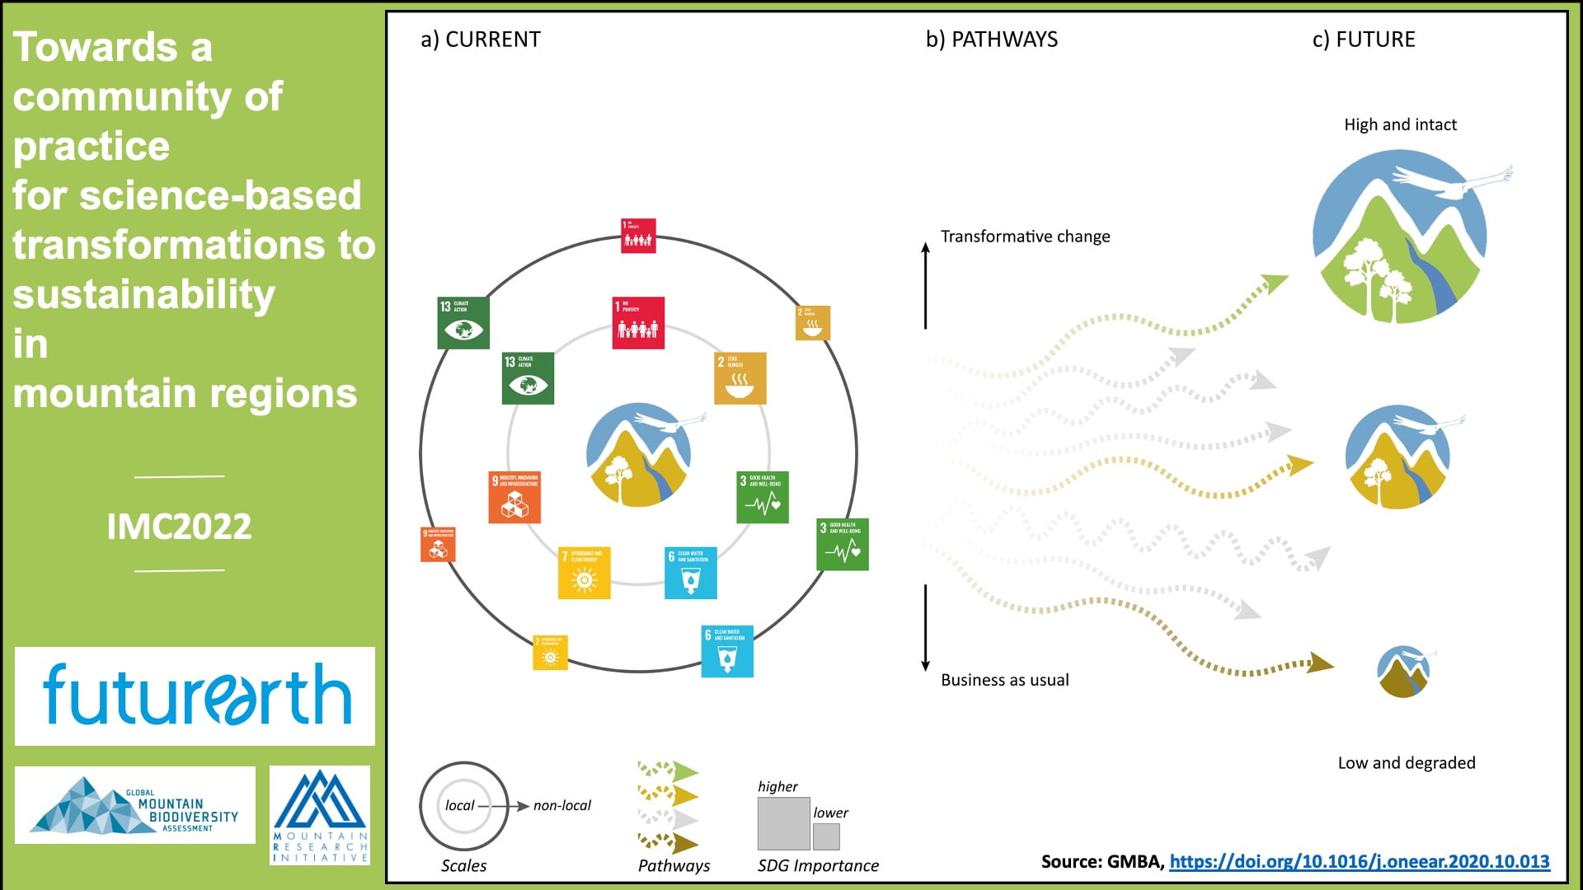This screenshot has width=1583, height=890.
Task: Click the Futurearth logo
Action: (196, 696)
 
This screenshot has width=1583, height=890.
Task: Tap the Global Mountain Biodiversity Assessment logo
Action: (135, 805)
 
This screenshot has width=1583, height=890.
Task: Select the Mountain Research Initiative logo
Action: (320, 815)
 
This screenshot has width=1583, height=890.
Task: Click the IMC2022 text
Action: (179, 526)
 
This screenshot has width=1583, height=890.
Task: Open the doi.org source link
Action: (1359, 861)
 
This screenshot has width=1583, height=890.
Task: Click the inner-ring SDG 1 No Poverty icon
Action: (638, 323)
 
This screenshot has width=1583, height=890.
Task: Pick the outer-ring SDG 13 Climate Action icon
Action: (463, 322)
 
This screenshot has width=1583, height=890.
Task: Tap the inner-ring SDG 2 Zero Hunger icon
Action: (740, 378)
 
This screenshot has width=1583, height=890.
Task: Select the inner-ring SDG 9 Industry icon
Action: (514, 497)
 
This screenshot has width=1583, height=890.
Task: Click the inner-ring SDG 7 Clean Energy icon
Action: (584, 573)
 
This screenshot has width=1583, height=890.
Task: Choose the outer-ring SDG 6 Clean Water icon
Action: (726, 651)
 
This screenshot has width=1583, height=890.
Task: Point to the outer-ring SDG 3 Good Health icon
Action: (842, 544)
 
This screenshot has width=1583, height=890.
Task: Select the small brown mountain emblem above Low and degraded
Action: (1403, 672)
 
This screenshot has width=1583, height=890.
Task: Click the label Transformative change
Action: (1025, 237)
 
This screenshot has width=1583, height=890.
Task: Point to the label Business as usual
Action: (1004, 680)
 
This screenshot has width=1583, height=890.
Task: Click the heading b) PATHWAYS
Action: (991, 40)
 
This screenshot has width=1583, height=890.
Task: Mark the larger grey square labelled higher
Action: (783, 823)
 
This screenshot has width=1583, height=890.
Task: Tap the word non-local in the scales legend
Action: (561, 805)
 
